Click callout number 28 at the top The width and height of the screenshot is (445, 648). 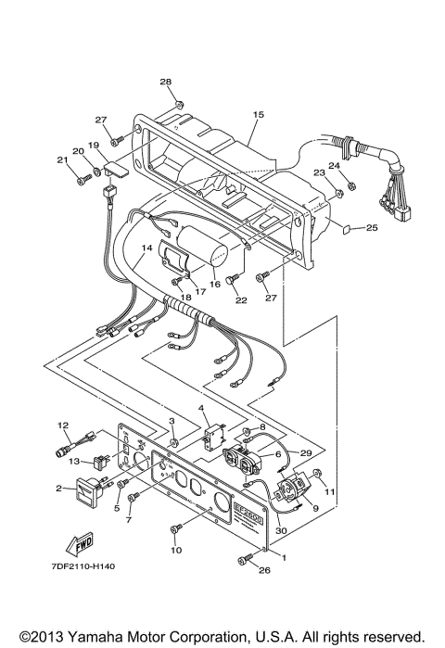pyautogui.click(x=165, y=83)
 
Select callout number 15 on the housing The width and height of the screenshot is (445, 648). pyautogui.click(x=259, y=115)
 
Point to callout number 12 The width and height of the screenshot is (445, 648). pyautogui.click(x=64, y=426)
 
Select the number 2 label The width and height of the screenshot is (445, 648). pyautogui.click(x=57, y=487)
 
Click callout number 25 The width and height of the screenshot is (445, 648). pyautogui.click(x=371, y=227)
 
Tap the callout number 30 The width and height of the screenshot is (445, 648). pyautogui.click(x=281, y=530)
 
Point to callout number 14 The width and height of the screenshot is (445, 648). pyautogui.click(x=146, y=248)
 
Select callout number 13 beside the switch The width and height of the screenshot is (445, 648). pyautogui.click(x=73, y=460)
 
